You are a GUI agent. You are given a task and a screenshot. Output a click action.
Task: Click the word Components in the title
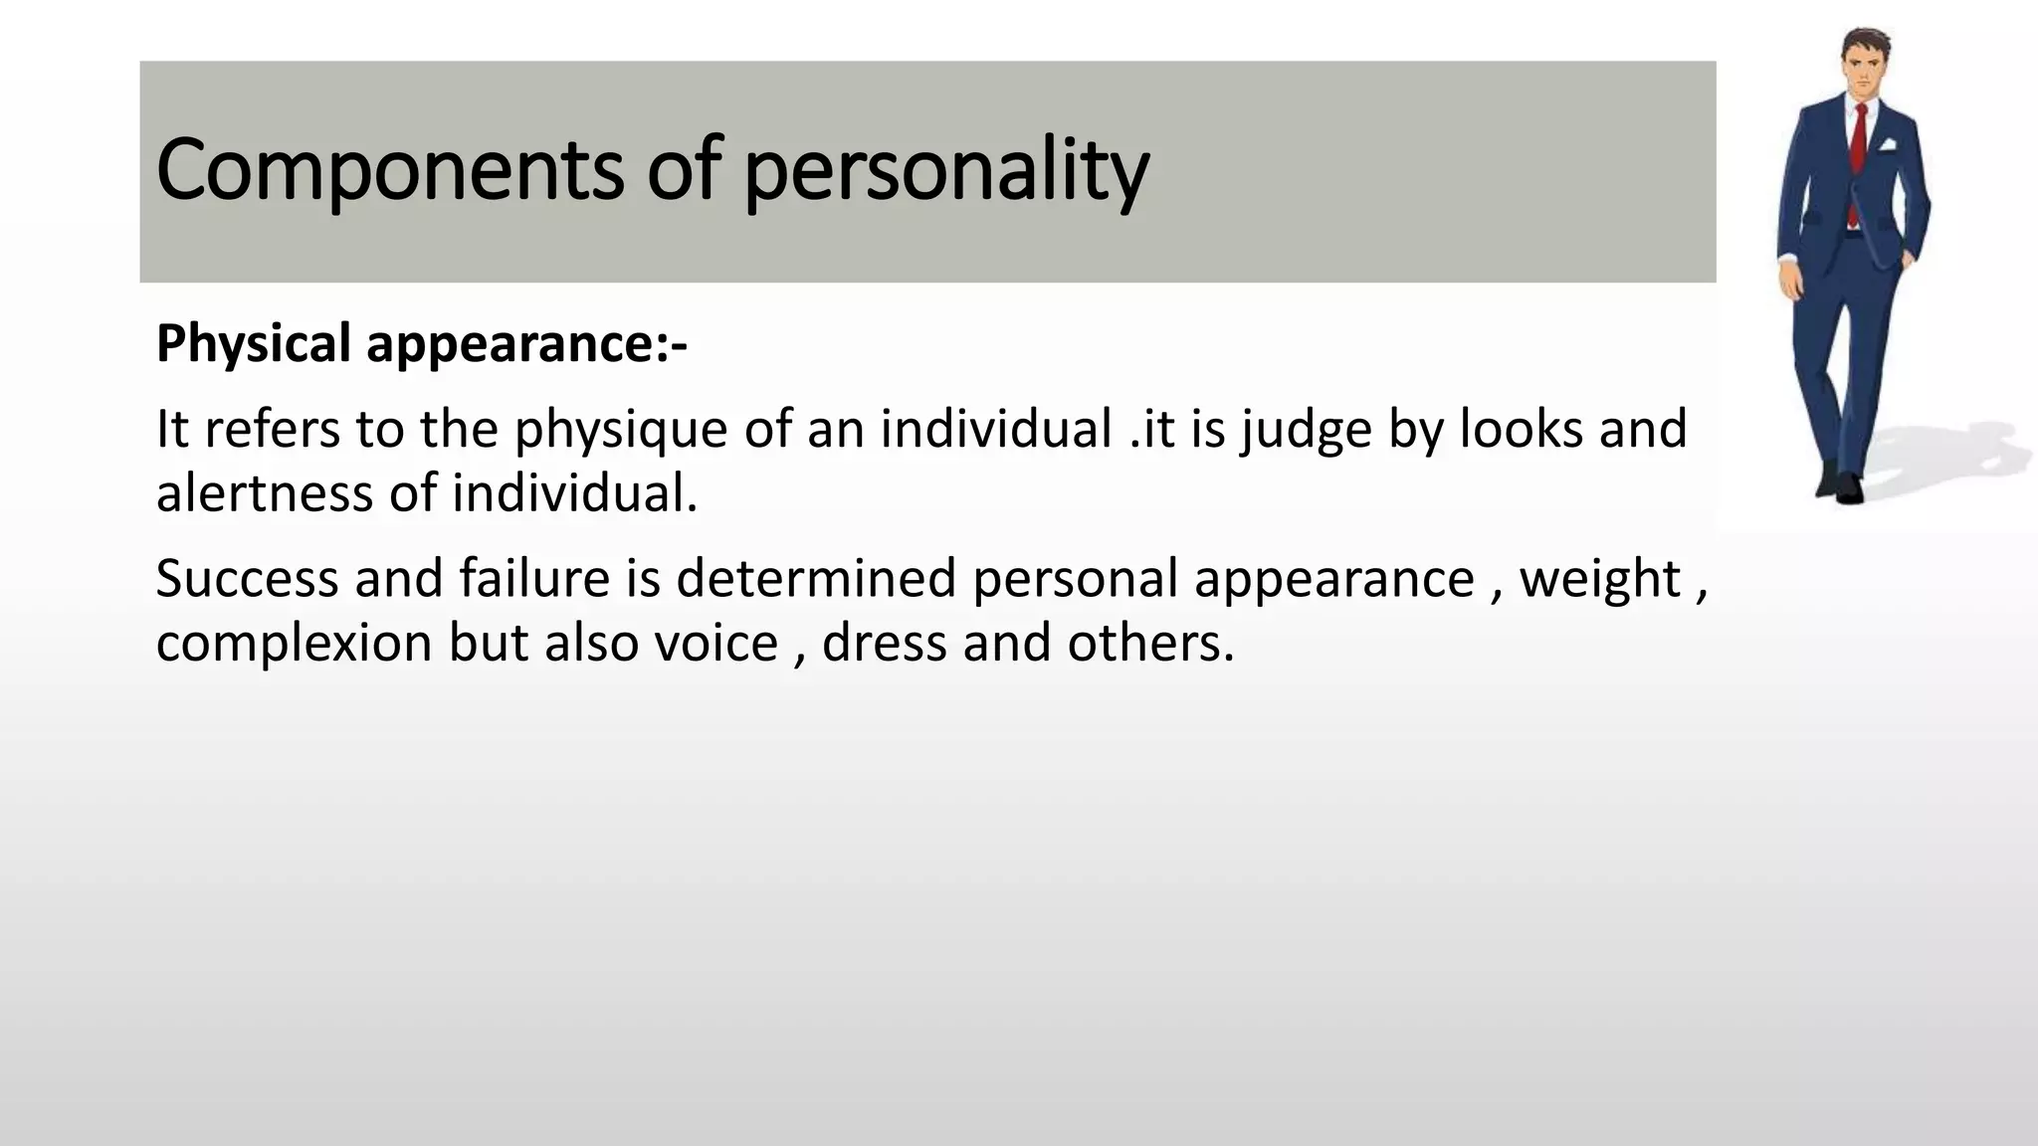[x=389, y=170]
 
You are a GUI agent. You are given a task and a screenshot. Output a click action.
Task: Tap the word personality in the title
[x=945, y=172]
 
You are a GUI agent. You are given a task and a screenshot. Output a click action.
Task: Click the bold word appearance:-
[x=526, y=345]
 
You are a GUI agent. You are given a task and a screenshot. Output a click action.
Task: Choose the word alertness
[x=264, y=493]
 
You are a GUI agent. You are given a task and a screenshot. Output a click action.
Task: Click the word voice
[x=715, y=643]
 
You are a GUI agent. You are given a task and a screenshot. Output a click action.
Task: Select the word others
[x=1149, y=643]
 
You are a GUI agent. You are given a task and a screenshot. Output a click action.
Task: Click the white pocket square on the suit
[x=1888, y=144]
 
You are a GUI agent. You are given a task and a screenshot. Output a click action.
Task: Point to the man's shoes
[x=1841, y=485]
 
